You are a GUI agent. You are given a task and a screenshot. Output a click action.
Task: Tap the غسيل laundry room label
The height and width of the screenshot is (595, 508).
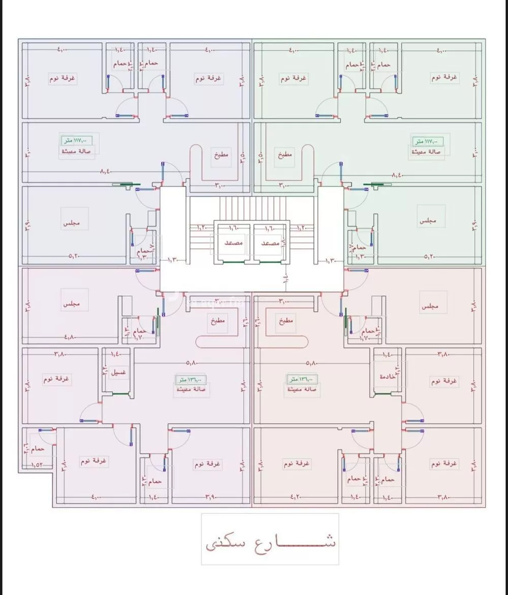pyautogui.click(x=119, y=373)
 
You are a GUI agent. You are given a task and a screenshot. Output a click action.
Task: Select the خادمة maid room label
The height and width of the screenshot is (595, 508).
pyautogui.click(x=388, y=377)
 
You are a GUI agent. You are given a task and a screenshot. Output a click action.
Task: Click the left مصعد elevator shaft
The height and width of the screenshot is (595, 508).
pyautogui.click(x=233, y=243)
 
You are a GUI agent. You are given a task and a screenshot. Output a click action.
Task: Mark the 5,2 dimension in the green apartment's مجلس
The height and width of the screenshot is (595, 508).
pyautogui.click(x=430, y=257)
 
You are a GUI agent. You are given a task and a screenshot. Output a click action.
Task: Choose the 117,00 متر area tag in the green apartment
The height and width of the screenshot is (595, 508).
pyautogui.click(x=428, y=141)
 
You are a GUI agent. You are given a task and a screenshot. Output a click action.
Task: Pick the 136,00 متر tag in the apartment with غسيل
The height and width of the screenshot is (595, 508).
pyautogui.click(x=191, y=379)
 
